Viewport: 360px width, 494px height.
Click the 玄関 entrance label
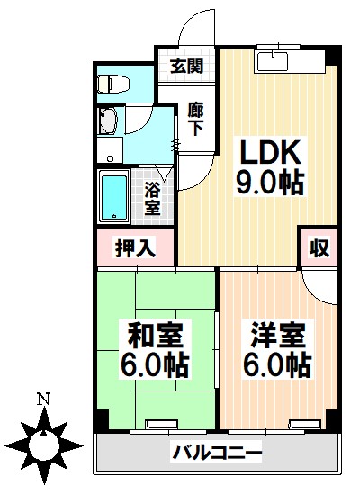(x=188, y=66)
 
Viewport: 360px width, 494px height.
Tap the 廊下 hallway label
(x=195, y=118)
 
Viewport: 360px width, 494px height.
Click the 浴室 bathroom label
(x=153, y=197)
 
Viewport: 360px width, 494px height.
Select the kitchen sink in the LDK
(x=272, y=60)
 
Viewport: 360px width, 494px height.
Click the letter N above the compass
(x=42, y=399)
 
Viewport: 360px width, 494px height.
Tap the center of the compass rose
(x=42, y=443)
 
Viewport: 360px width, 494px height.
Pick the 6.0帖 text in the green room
(x=154, y=365)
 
